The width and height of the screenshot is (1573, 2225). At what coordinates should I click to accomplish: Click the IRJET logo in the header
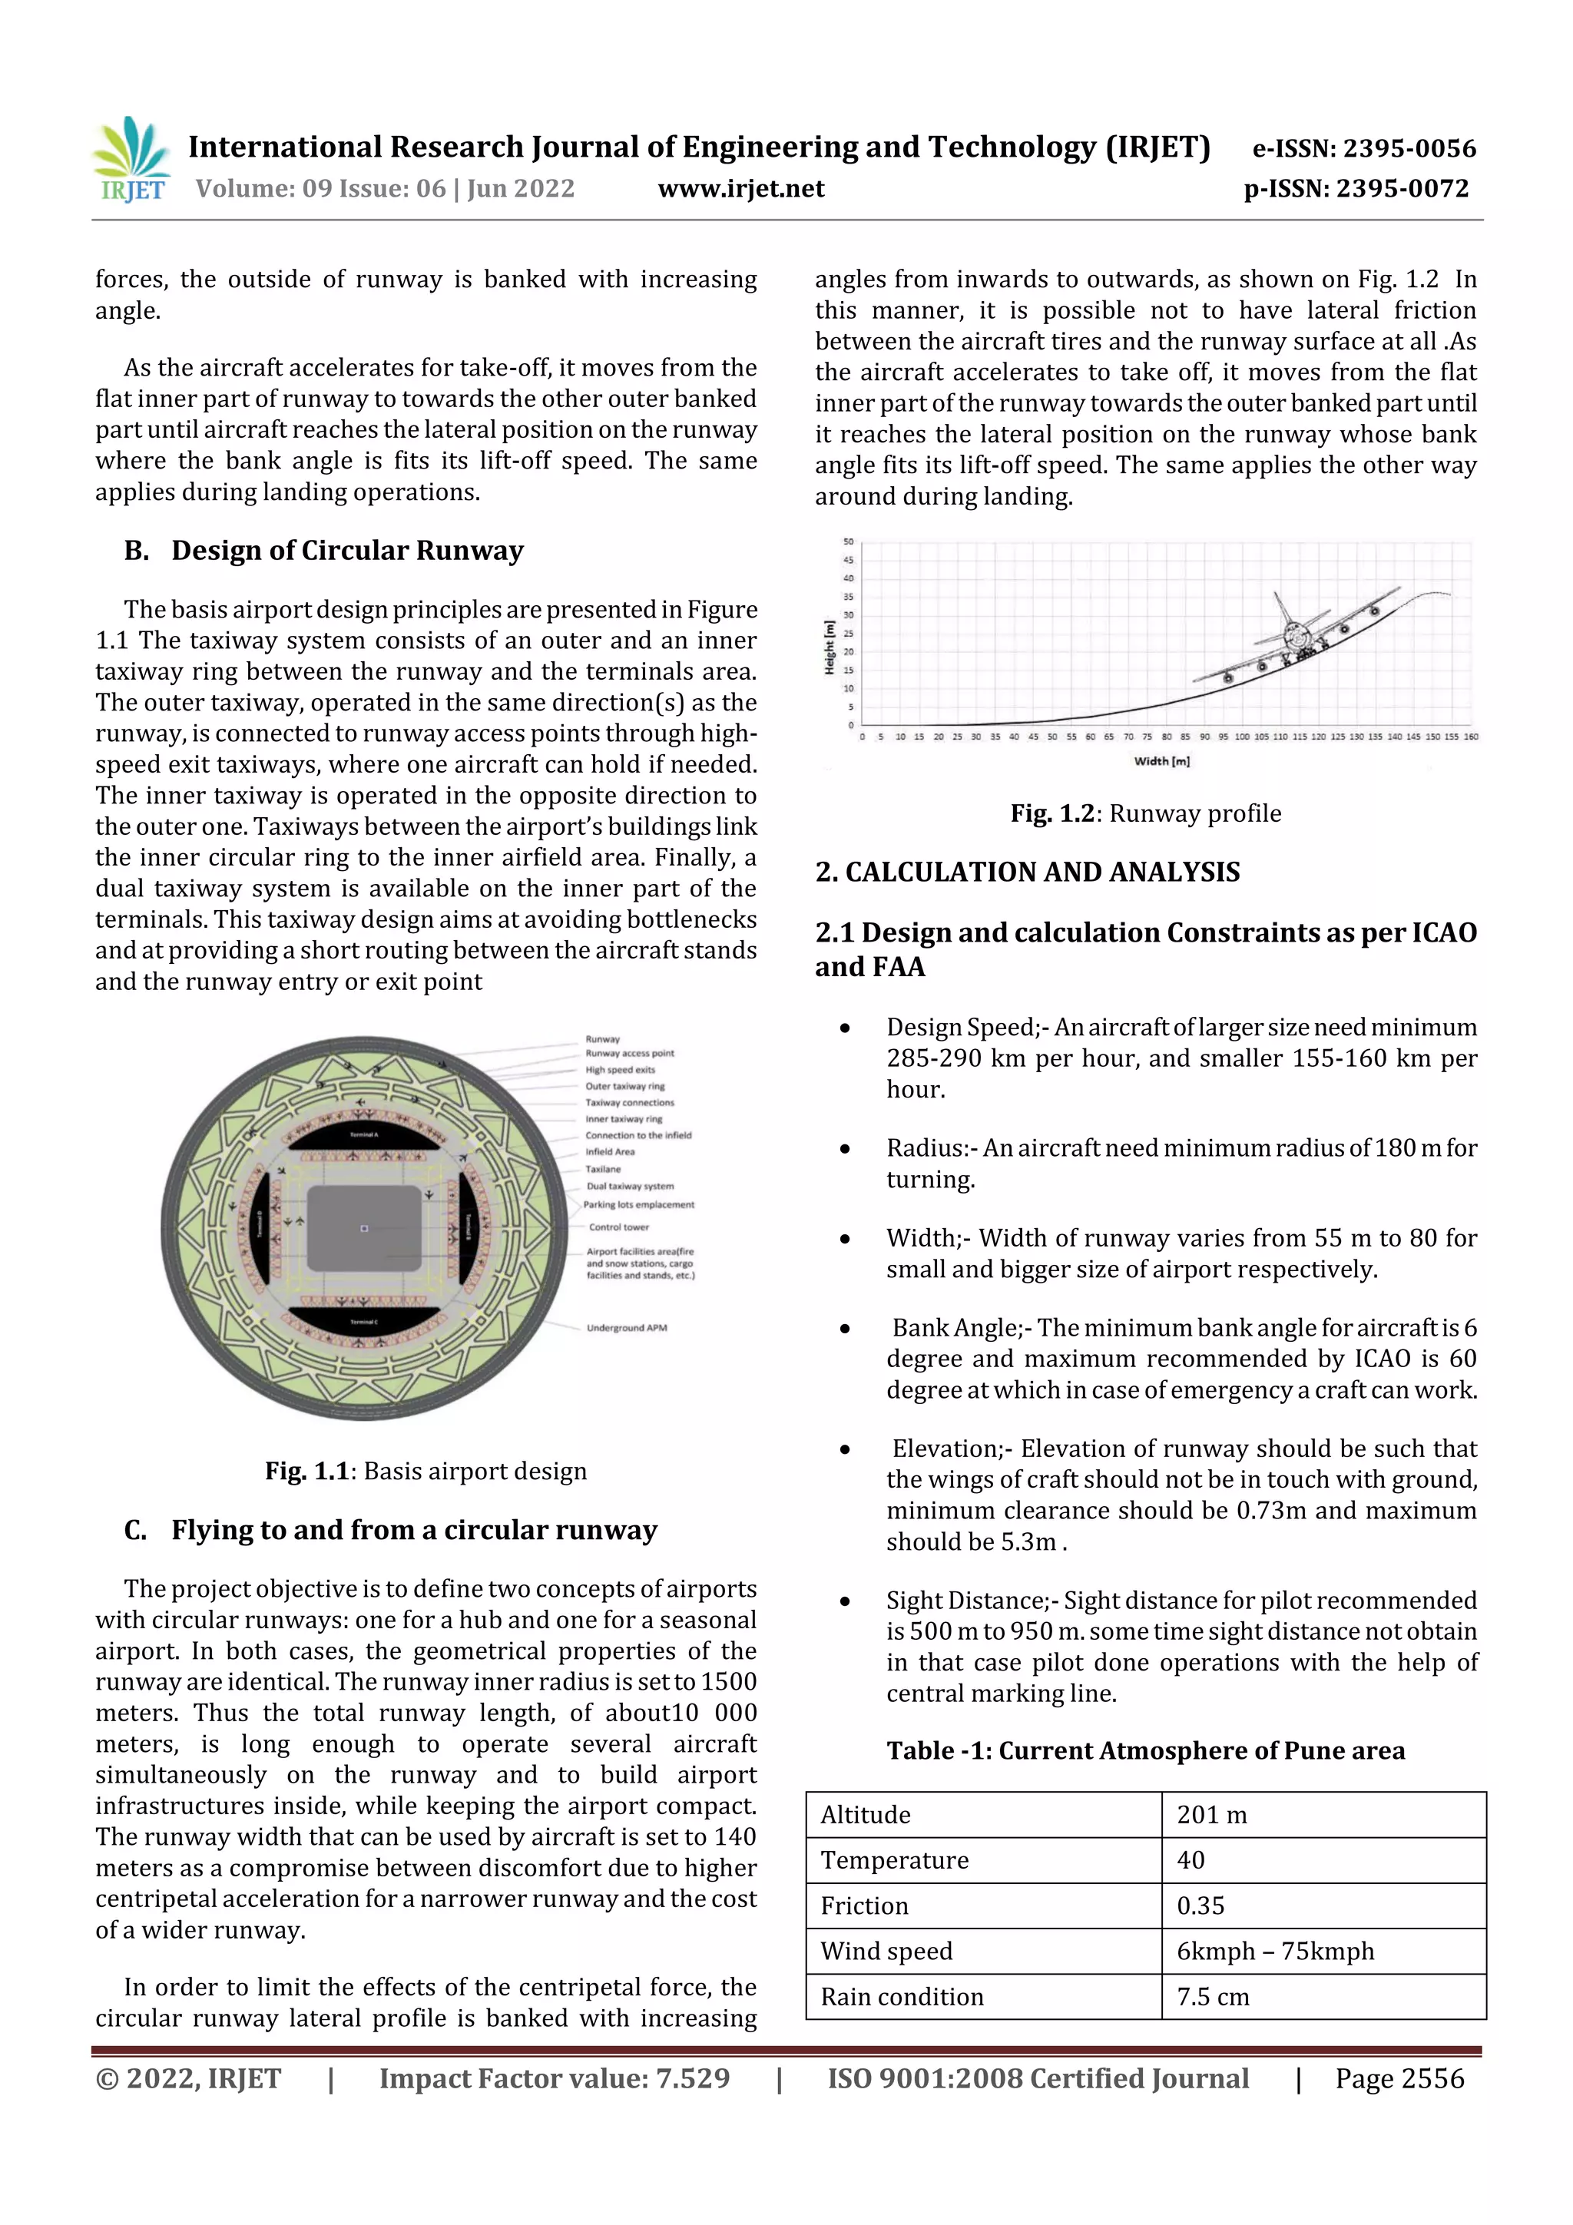pos(131,161)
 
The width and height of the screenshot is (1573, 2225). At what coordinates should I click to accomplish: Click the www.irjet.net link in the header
pos(740,188)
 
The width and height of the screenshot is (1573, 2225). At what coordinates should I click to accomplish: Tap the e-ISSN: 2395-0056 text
pos(1363,148)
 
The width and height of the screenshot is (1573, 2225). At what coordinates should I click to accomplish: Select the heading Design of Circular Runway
pos(347,551)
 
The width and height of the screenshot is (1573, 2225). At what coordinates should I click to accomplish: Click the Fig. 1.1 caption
pos(426,1470)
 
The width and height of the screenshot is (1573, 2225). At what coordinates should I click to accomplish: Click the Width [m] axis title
pos(1161,760)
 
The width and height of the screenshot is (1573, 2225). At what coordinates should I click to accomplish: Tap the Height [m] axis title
pos(830,647)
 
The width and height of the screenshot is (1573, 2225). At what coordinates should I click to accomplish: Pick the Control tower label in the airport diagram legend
pos(618,1227)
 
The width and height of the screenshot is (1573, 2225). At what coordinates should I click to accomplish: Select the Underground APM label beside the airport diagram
pos(626,1328)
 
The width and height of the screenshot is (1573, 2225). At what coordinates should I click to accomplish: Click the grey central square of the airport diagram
pos(363,1228)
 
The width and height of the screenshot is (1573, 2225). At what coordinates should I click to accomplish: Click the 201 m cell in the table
pos(1211,1814)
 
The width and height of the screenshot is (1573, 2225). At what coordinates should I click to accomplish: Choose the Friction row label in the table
pos(865,1905)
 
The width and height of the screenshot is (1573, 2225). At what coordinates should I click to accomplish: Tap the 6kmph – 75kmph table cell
pos(1274,1951)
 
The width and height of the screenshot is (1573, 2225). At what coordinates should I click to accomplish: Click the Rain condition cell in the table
pos(902,1996)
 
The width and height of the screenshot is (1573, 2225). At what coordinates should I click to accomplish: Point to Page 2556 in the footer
pos(1399,2078)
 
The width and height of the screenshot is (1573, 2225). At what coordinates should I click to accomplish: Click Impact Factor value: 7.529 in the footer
pos(554,2078)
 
